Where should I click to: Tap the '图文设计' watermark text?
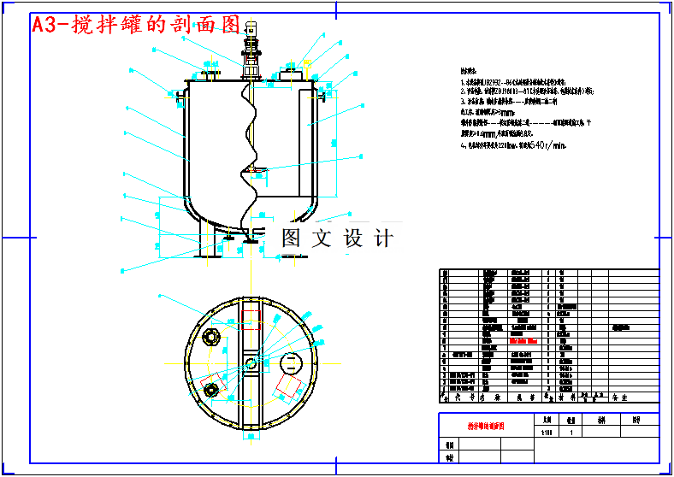(337, 238)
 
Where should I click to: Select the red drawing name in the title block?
(485, 425)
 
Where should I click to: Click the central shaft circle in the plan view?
(251, 364)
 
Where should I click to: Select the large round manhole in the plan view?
(291, 362)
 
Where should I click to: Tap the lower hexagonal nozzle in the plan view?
(210, 391)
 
